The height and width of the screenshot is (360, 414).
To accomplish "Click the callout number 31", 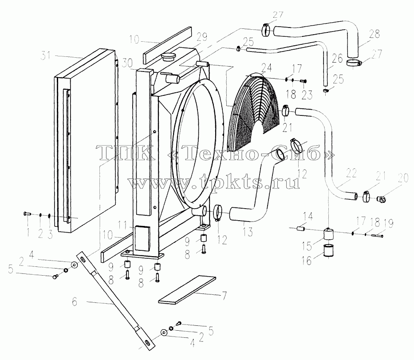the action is coord(46,56).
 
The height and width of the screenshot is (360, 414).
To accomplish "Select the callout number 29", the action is coord(201,37).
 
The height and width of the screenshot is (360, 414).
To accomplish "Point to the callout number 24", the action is coord(266,68).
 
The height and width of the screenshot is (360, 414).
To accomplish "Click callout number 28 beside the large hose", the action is coord(375,34).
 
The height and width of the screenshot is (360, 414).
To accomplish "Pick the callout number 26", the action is coord(337,59).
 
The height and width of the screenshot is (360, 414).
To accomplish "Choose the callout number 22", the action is coord(351,173).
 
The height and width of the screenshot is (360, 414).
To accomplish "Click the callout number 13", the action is coord(248,232).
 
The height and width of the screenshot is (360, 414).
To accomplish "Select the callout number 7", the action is coord(225,296).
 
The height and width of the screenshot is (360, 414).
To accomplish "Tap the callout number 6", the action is coord(75,302).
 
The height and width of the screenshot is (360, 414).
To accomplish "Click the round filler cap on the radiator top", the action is coord(168,57).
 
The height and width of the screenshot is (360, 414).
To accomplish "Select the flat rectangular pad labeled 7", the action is coord(187,289).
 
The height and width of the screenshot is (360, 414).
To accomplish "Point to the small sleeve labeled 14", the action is coord(302,228).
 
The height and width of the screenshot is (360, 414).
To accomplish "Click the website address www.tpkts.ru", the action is coord(214,182).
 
